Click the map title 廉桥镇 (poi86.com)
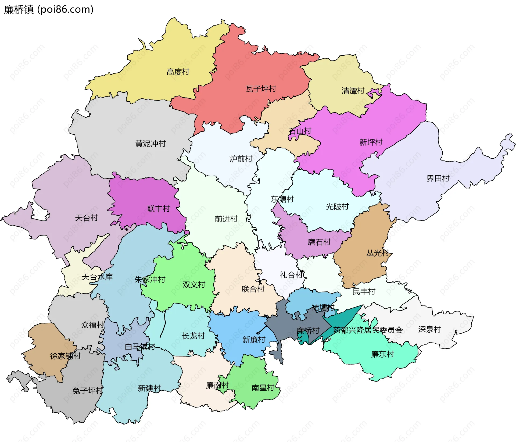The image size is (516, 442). coord(49,9)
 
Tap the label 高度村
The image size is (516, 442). coord(178,72)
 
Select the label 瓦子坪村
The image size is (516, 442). coord(261,89)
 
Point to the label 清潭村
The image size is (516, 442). coord(353,91)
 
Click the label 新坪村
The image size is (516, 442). coord(371,142)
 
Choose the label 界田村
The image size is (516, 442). coord(438,178)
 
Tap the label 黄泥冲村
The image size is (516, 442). coord(150,144)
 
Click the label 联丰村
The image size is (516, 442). coord(159,209)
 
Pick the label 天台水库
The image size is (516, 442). coord(97,277)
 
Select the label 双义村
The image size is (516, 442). coord(193,284)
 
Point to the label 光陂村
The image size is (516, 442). coord(337,206)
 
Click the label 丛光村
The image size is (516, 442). coord(378,253)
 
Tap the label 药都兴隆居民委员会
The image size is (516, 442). coord(368,330)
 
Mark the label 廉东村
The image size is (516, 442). coord(382,354)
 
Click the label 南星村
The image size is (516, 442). coord(263,387)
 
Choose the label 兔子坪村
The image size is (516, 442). coord(88,390)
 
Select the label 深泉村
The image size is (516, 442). coord(429,329)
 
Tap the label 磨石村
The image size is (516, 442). coord(319,242)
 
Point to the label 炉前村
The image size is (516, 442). coord(241,159)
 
